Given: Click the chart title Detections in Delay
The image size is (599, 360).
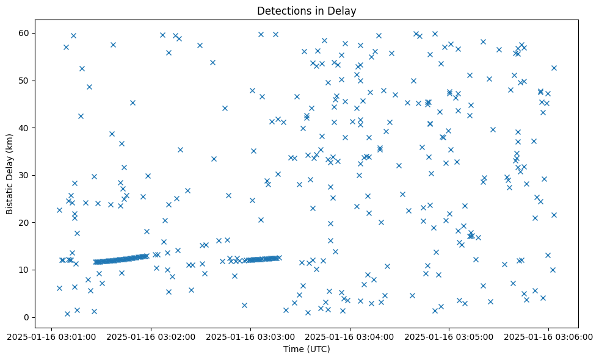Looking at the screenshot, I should point(307,11).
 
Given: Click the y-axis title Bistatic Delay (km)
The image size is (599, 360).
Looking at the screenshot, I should point(10,166).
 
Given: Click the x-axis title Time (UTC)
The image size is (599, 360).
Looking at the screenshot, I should point(307,349).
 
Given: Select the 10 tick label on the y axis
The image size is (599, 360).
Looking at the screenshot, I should point(26,270).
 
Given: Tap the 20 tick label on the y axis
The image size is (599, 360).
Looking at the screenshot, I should point(26,223).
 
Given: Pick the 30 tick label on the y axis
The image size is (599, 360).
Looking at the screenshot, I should point(26,175).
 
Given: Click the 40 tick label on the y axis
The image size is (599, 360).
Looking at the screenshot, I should point(26,128).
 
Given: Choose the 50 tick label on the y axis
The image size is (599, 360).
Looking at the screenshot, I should point(26,81).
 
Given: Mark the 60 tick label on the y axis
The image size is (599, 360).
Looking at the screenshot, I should point(26,33).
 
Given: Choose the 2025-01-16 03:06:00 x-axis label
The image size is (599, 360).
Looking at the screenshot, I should point(548,336).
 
